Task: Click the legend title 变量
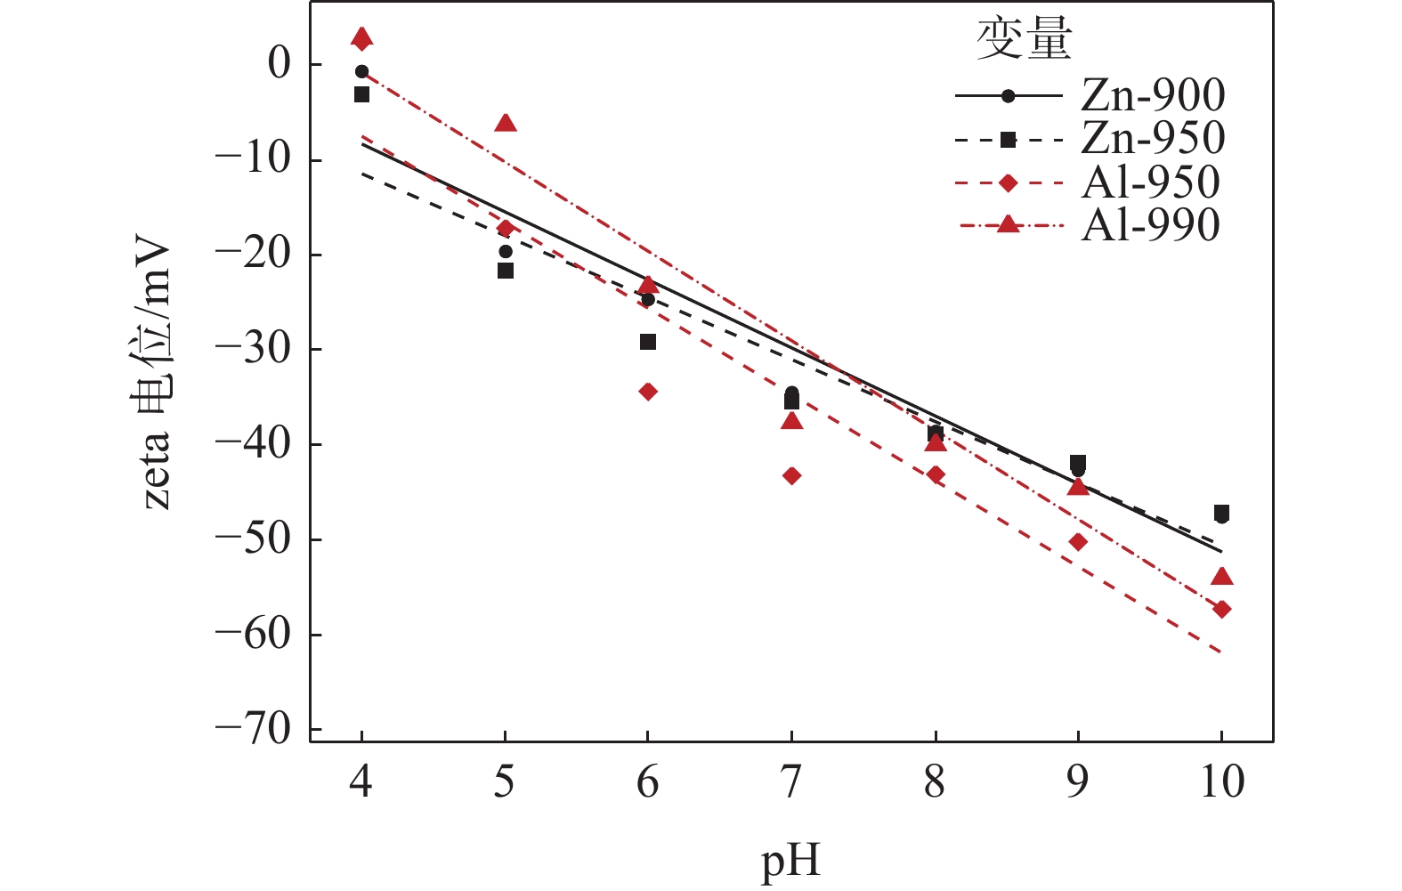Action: [x=1024, y=40]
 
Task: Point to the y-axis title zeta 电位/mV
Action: [x=158, y=372]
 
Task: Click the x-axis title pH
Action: [x=790, y=861]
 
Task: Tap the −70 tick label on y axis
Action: [x=254, y=729]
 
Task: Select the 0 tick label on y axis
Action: [x=280, y=64]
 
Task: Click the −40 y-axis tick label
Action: [x=254, y=443]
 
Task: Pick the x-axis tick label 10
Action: [x=1221, y=782]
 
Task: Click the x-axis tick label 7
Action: [x=790, y=782]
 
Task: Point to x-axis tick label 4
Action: [x=361, y=782]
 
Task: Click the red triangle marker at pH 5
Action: [x=506, y=123]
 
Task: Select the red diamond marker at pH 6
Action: [x=648, y=392]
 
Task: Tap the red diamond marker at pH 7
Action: [x=791, y=476]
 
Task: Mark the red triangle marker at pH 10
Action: [x=1222, y=577]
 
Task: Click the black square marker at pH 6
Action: [x=648, y=342]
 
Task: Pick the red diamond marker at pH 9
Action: [x=1078, y=542]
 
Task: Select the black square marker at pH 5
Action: [x=506, y=271]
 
